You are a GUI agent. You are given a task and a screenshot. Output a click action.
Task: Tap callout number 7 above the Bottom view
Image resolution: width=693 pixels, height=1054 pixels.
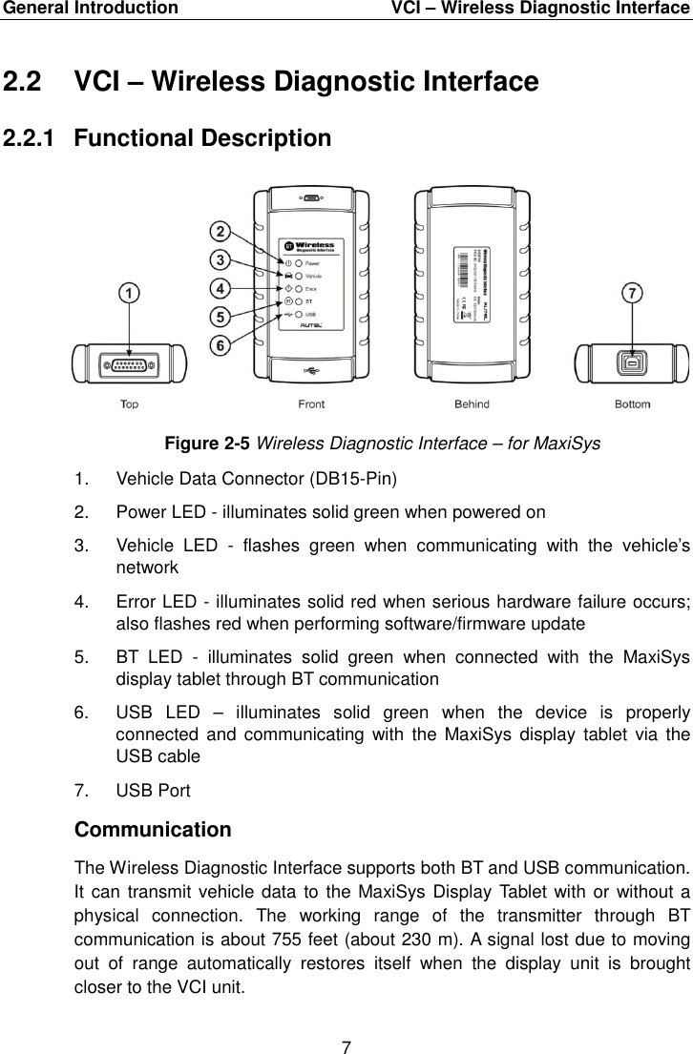(631, 295)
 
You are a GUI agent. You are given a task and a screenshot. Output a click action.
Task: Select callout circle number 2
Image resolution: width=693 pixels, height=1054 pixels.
(220, 232)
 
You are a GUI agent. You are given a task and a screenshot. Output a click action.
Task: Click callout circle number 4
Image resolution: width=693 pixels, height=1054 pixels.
(220, 287)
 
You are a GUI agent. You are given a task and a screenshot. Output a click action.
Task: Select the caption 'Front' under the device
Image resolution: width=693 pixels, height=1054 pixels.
(311, 404)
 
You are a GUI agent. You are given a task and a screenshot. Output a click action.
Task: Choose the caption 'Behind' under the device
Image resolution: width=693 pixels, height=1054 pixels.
(472, 404)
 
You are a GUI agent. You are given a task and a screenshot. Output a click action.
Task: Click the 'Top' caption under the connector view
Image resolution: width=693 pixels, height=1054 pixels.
(129, 404)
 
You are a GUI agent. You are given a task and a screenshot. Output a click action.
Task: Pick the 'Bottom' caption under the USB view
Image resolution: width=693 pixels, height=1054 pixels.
(632, 404)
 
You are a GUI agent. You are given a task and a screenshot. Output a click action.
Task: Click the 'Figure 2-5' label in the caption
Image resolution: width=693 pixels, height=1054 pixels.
(209, 444)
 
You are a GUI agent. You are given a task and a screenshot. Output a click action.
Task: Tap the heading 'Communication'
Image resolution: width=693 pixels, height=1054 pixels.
(152, 830)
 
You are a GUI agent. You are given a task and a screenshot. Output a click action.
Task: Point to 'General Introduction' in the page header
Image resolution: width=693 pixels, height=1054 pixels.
(89, 9)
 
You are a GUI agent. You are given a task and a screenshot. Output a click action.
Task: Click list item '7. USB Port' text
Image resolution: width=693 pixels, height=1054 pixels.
(153, 791)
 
